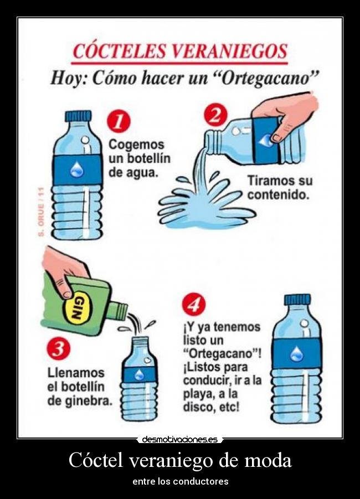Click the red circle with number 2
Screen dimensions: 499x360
point(215,115)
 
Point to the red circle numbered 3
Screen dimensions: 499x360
point(58,349)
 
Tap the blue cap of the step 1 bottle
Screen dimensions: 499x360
point(78,116)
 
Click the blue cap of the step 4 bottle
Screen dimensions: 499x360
point(297,300)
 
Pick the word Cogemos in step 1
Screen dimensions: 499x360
point(136,145)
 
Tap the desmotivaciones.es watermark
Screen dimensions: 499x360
point(179,440)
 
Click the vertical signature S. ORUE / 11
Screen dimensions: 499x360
point(40,212)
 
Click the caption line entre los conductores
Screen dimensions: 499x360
point(180,481)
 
